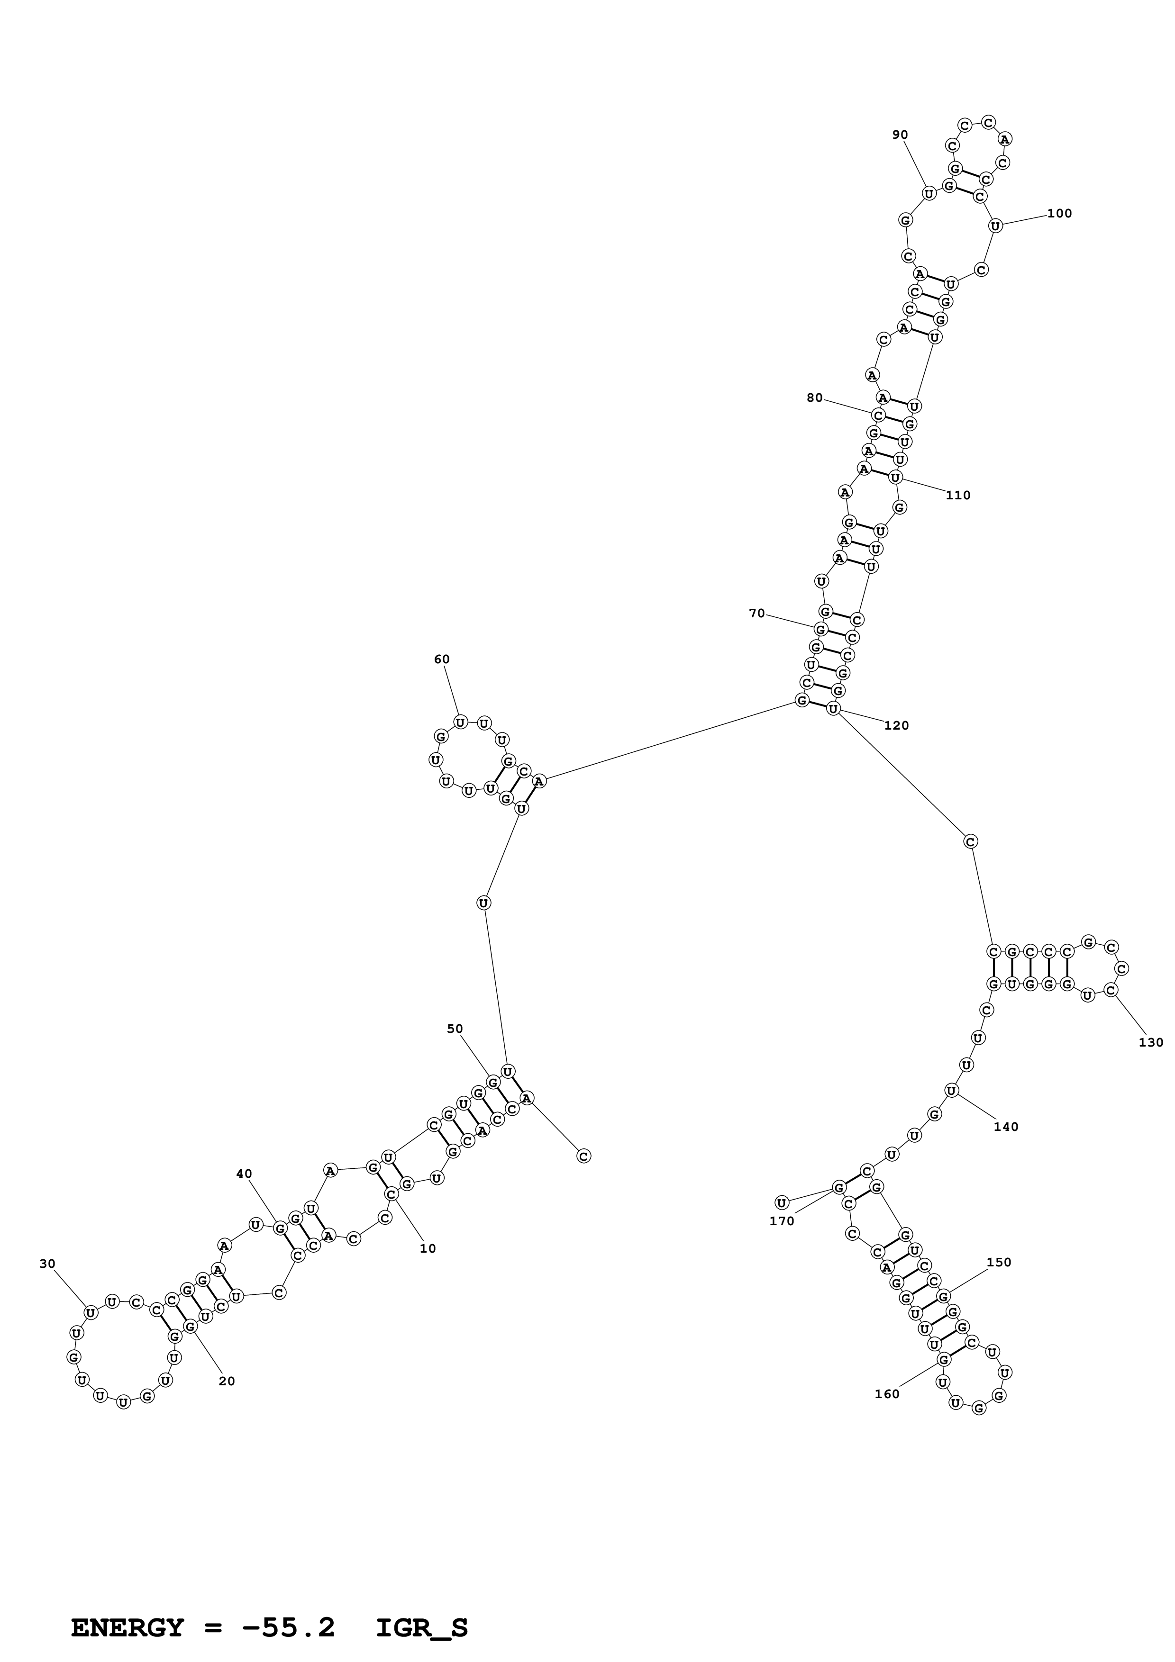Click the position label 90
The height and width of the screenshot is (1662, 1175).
pos(900,135)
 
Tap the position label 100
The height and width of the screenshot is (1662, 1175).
pos(1059,214)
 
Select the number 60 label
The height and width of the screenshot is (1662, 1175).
pos(442,659)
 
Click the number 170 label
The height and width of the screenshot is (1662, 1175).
pos(782,1221)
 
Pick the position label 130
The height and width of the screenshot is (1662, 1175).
pos(1151,1043)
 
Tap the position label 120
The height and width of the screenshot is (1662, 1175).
pos(896,726)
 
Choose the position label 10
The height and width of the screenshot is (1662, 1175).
pos(428,1249)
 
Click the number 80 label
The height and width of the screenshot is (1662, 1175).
pos(815,398)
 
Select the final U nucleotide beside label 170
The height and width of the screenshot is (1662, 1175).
pos(781,1203)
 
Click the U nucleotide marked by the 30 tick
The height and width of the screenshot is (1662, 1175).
pos(91,1313)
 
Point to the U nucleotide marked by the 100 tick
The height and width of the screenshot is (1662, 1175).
pos(995,226)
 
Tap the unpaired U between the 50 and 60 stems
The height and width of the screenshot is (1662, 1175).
pos(483,903)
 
